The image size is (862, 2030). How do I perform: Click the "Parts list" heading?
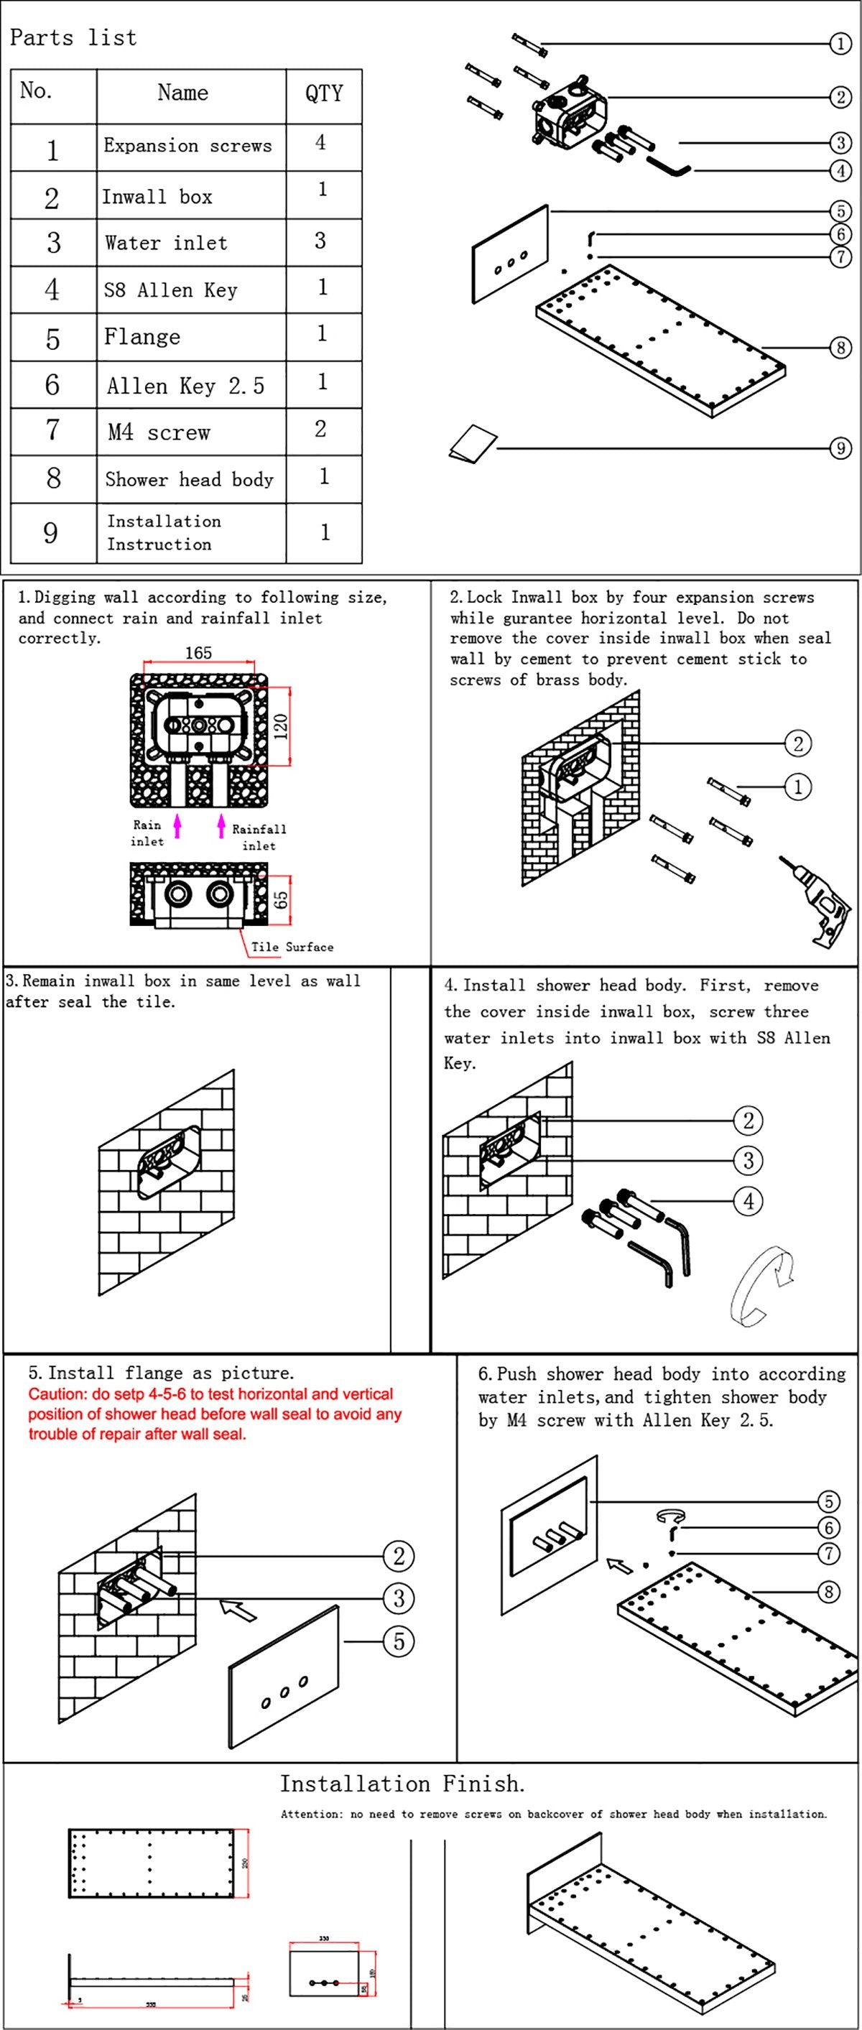(73, 37)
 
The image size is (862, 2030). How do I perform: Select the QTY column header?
(324, 94)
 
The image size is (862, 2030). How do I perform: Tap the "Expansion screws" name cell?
(187, 146)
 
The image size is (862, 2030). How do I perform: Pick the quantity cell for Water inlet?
(320, 241)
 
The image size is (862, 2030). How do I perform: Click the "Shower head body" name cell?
(189, 479)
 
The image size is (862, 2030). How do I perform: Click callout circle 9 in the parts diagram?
(840, 448)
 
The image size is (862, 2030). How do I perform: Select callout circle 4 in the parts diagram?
(840, 170)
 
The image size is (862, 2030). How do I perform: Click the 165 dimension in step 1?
(198, 652)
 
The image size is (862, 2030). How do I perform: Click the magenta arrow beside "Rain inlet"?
(178, 826)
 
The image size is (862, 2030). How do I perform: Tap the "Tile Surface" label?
(292, 947)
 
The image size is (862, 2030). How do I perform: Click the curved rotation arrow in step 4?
(761, 1285)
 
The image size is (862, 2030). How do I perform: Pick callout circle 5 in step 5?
(399, 1641)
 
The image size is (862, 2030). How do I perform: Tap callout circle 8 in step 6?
(828, 1592)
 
